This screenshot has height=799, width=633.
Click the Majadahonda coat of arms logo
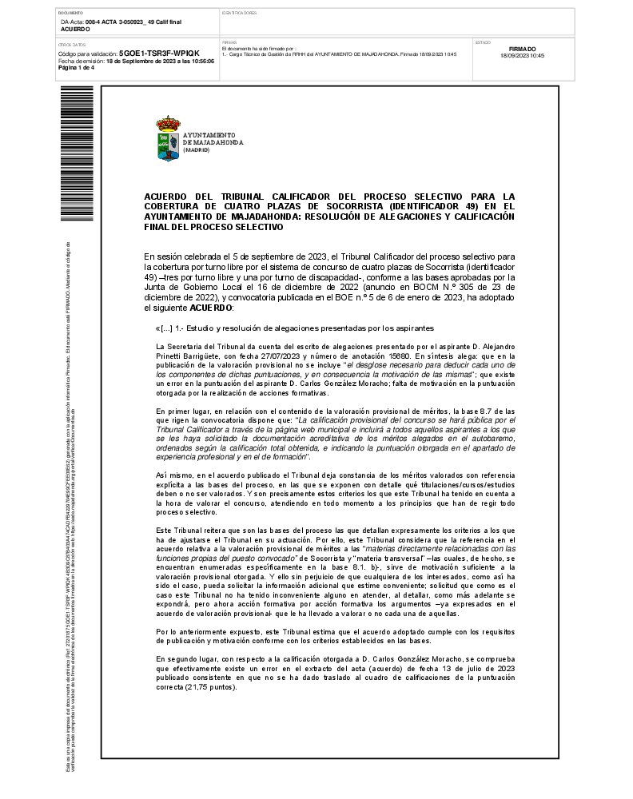(168, 139)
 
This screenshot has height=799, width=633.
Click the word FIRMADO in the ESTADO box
(522, 49)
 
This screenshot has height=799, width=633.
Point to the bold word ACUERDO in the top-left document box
(76, 29)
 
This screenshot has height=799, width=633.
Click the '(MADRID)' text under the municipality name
(196, 149)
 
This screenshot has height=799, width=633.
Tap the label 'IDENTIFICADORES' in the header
(239, 14)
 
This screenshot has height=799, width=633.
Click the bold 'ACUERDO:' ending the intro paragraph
(212, 308)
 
